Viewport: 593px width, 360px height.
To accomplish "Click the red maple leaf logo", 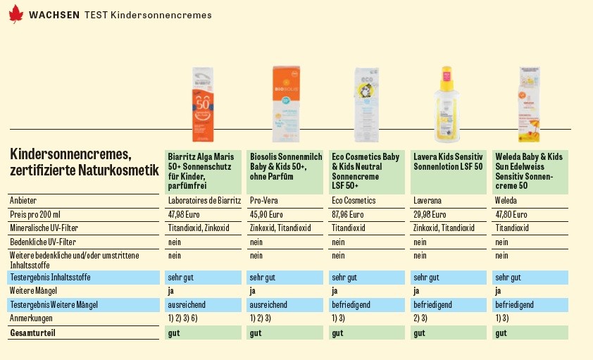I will pos(15,14).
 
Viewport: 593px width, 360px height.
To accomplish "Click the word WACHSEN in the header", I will pos(54,15).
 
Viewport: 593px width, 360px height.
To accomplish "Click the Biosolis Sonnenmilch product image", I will pos(285,104).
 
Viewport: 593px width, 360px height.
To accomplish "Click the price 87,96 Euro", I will pos(348,215).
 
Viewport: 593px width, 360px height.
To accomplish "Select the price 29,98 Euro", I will pos(429,215).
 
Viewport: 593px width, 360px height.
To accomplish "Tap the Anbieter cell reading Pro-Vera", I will pos(264,201).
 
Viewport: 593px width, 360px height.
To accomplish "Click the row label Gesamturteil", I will pos(32,333).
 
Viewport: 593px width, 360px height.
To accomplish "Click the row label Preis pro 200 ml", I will pos(35,215).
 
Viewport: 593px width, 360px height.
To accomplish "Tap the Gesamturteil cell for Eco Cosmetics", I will pos(337,333).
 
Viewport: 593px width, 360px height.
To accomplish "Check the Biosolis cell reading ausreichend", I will pos(268,305).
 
